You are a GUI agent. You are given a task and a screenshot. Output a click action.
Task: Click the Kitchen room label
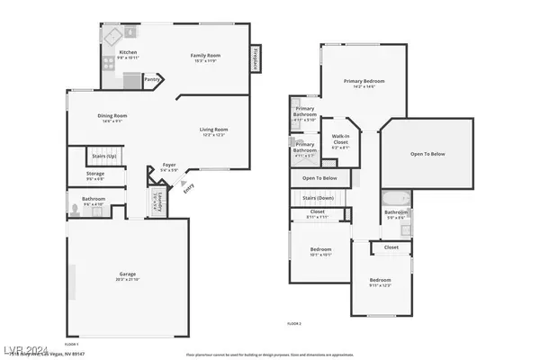pos(127,53)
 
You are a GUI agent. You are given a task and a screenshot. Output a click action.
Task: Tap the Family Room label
pos(205,57)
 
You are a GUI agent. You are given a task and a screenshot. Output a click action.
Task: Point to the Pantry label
pos(151,80)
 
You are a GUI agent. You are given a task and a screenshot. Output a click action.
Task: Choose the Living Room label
pos(213,130)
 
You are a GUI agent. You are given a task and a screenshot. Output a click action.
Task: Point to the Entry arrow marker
pos(186,188)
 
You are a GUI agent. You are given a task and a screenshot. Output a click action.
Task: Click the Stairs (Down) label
pos(319,197)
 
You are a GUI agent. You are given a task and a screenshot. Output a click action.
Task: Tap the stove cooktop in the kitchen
pos(114,37)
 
